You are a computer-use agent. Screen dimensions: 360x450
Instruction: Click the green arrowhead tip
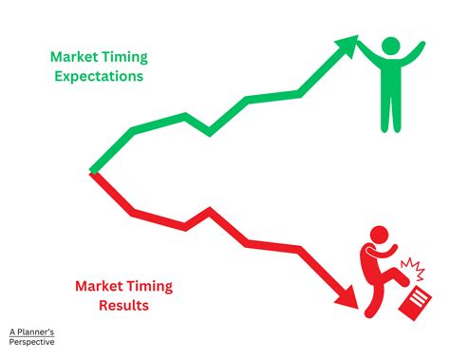point(358,38)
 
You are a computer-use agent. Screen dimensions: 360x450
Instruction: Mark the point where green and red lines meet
point(92,172)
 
